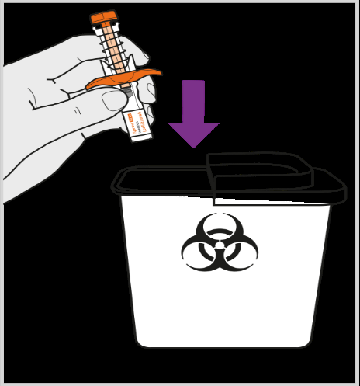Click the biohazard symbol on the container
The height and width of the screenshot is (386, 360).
click(x=220, y=242)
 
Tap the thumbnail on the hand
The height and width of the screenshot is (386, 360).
click(x=114, y=100)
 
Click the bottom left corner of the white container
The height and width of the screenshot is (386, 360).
click(x=139, y=342)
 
